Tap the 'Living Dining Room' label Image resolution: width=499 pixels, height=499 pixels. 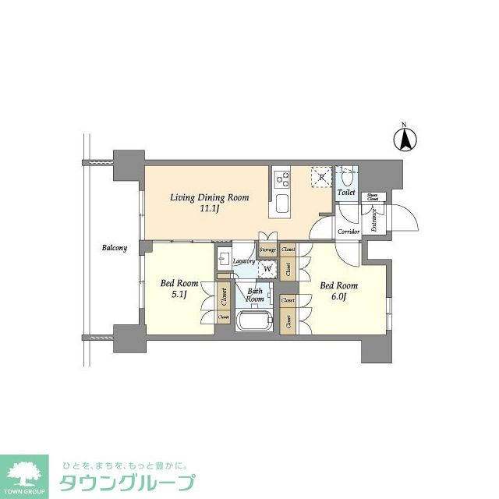click(x=210, y=198)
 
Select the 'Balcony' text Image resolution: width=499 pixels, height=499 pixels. click(x=114, y=248)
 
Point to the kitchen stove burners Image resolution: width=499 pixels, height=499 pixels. click(x=281, y=180)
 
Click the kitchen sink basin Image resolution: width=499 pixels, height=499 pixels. click(x=281, y=207)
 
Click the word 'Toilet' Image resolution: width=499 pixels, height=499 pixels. click(x=347, y=192)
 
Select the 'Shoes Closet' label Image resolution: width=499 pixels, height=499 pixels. click(x=373, y=197)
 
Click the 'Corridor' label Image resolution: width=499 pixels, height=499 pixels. click(x=348, y=232)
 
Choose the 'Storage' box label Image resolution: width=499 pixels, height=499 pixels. click(x=268, y=249)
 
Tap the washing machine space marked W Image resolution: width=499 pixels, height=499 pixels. click(x=268, y=270)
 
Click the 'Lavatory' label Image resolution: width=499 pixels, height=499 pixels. click(x=243, y=260)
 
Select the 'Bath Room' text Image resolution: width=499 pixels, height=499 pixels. click(x=255, y=293)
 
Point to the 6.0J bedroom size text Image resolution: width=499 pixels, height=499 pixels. click(x=338, y=298)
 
